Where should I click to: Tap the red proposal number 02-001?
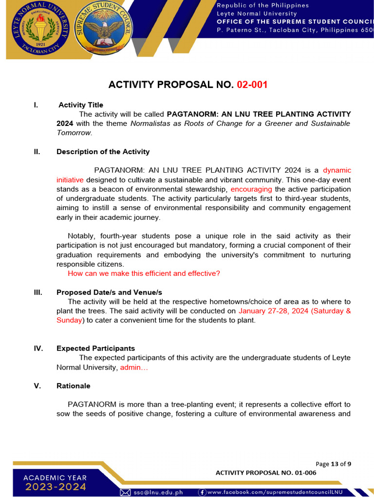click(x=252, y=85)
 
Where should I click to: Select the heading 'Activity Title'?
click(x=81, y=105)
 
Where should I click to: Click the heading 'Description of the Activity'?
click(x=103, y=152)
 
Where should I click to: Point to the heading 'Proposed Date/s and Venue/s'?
click(x=109, y=292)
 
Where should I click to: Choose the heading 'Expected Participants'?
click(x=95, y=348)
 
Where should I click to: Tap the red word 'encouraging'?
click(x=251, y=189)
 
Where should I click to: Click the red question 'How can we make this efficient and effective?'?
click(x=144, y=273)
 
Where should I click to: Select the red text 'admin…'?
click(x=134, y=367)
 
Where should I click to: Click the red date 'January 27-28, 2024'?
click(x=273, y=311)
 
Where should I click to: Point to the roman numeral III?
click(x=37, y=292)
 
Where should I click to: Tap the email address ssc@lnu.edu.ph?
click(x=158, y=492)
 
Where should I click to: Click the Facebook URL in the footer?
click(x=275, y=492)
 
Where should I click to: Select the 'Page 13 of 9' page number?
click(x=333, y=463)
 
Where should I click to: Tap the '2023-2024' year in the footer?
click(x=56, y=487)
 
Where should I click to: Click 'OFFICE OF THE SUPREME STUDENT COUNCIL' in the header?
click(x=295, y=22)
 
